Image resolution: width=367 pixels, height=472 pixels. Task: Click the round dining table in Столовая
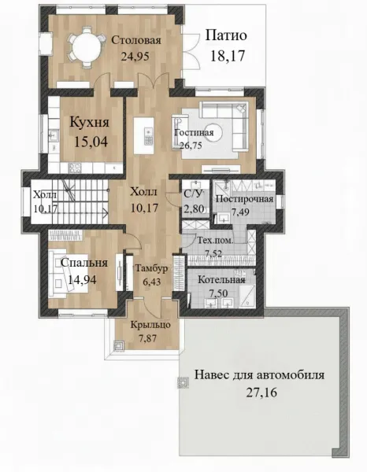[87, 46]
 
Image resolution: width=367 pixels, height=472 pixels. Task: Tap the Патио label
[226, 35]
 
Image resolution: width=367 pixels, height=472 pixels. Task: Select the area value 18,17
[227, 56]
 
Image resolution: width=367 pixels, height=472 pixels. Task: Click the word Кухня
[90, 123]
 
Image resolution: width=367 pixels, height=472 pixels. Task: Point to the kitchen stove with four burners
[75, 168]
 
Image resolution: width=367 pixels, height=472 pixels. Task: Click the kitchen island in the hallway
[143, 135]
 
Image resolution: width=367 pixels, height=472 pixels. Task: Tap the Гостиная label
[194, 133]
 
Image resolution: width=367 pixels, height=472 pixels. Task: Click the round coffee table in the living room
[214, 132]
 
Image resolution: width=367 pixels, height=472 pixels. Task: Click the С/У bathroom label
[192, 194]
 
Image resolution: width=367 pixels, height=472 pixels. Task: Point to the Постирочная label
[245, 199]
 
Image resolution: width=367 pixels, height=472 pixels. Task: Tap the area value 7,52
[213, 254]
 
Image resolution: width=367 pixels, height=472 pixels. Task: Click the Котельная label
[221, 279]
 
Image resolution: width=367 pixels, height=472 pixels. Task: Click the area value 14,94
[82, 280]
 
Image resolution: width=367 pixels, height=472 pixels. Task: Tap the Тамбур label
[151, 268]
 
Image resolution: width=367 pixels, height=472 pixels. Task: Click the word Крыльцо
[150, 326]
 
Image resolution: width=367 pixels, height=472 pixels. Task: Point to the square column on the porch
[118, 345]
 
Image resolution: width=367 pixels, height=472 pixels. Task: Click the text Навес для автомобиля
[259, 375]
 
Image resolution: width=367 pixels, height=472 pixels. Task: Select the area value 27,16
[261, 393]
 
